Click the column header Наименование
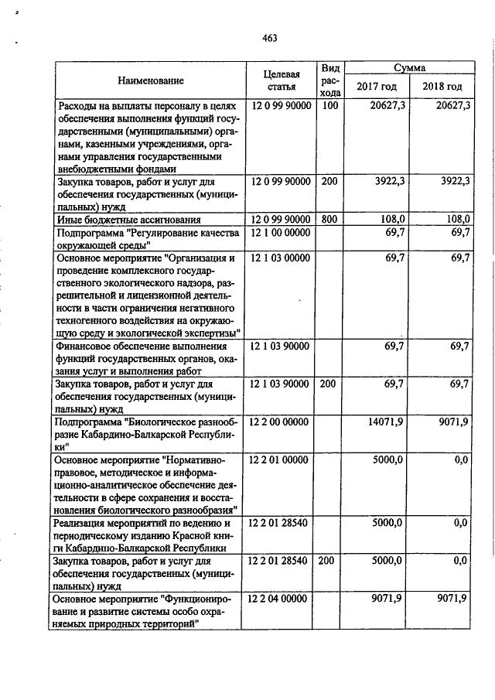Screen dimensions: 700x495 (x=151, y=80)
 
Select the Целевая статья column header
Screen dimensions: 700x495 (x=281, y=80)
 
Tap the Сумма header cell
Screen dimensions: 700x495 (x=408, y=68)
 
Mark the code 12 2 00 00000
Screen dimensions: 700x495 (x=279, y=422)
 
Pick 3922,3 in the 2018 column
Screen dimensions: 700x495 (x=454, y=181)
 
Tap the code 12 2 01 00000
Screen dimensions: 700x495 (x=279, y=460)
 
